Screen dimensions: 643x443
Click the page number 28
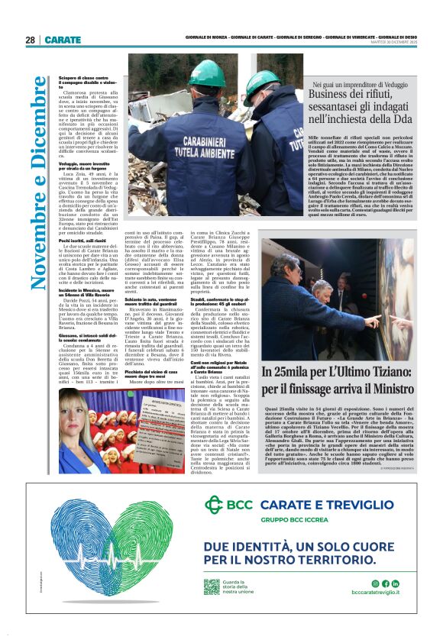[x=30, y=40]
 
